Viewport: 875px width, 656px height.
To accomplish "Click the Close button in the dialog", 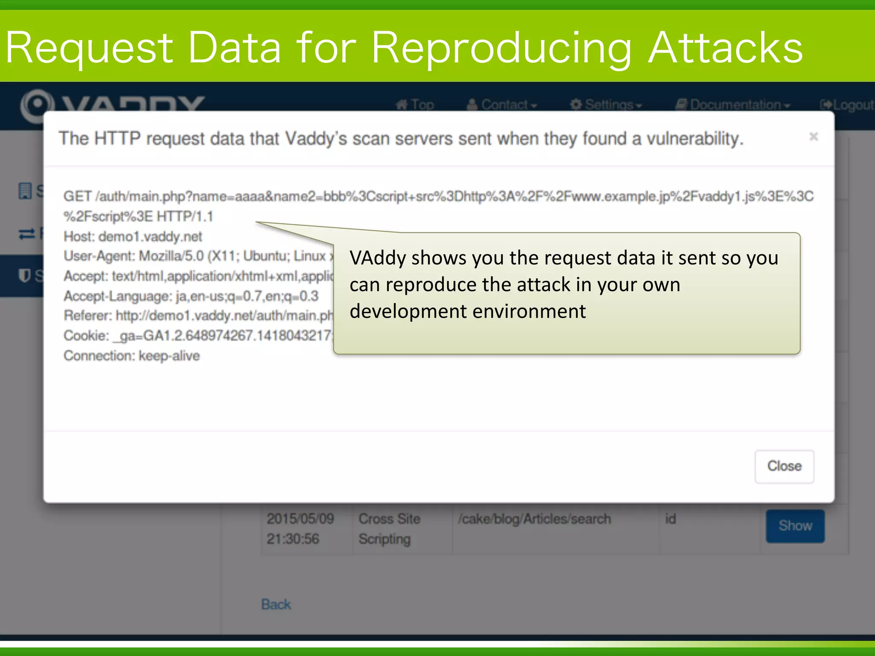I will (x=784, y=466).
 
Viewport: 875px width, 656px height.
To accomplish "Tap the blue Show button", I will (x=795, y=526).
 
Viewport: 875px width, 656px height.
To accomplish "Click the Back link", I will (x=276, y=604).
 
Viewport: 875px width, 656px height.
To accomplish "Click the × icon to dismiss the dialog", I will (x=813, y=137).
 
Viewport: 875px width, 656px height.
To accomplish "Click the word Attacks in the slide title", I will (x=725, y=48).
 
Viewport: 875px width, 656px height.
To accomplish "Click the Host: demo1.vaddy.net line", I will (x=133, y=236).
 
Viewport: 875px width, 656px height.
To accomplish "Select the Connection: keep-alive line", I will (x=132, y=356).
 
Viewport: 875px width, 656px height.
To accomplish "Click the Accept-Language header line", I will (x=191, y=296).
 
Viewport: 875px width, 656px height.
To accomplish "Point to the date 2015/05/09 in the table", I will (x=300, y=519).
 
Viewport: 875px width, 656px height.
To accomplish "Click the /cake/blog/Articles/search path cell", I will (x=534, y=519).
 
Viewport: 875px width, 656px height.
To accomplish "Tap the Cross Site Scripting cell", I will (x=389, y=529).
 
